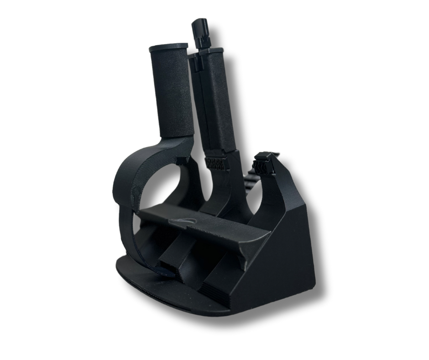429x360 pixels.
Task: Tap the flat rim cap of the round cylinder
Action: coord(168,47)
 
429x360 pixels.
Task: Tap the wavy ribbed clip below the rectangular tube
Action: coord(217,164)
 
